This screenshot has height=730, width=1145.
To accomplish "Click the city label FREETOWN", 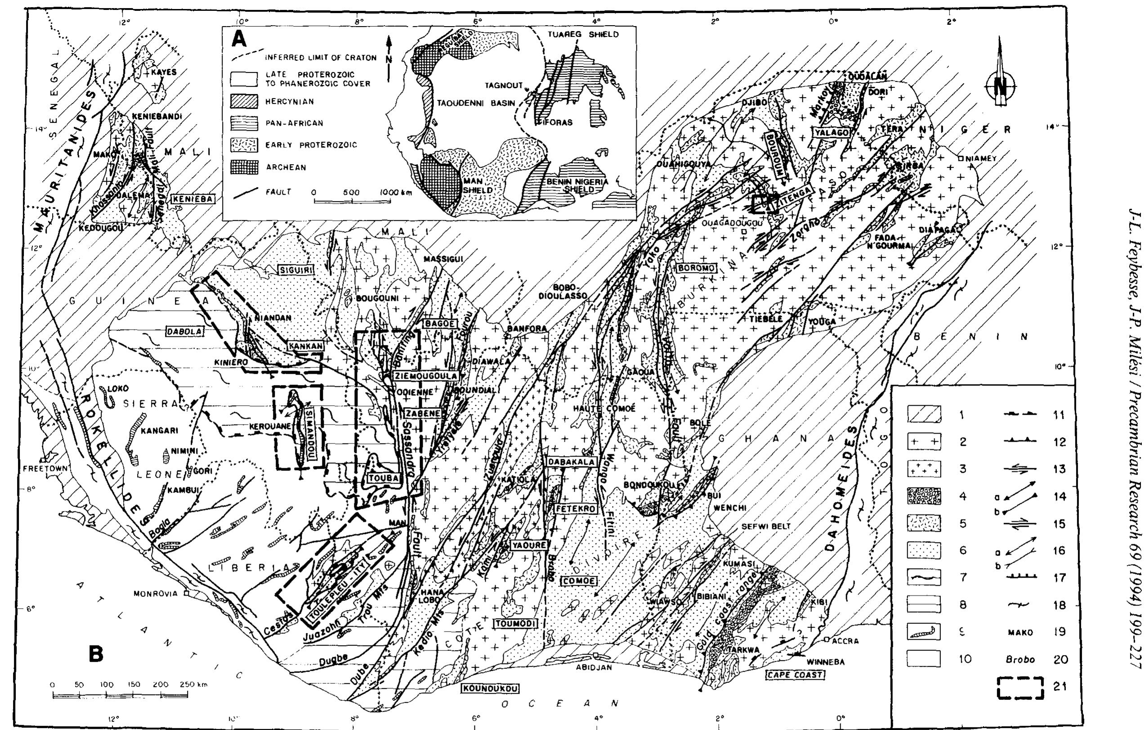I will pyautogui.click(x=45, y=468).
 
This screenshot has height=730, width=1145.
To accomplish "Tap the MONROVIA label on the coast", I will pyautogui.click(x=159, y=594).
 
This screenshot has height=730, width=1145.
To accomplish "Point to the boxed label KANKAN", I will pyautogui.click(x=305, y=346).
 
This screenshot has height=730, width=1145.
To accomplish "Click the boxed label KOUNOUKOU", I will pyautogui.click(x=489, y=688).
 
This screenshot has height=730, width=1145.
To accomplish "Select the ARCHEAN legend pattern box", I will pyautogui.click(x=244, y=167).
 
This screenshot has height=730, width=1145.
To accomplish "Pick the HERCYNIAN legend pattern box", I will pyautogui.click(x=244, y=101).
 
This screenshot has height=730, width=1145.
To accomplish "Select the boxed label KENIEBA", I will pyautogui.click(x=192, y=199).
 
